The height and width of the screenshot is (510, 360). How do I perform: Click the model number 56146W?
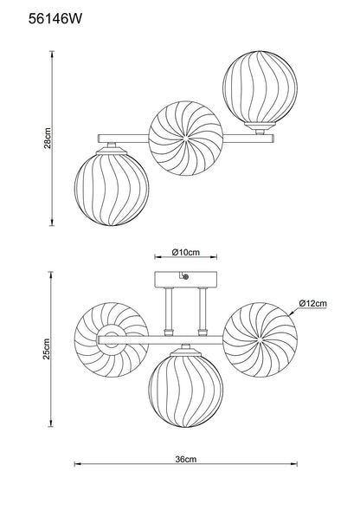[55, 19]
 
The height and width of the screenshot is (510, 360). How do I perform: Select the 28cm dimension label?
[48, 139]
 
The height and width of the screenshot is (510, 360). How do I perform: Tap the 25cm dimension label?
[47, 349]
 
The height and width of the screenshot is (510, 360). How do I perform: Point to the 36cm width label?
[186, 459]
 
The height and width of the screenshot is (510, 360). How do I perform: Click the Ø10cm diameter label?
[186, 252]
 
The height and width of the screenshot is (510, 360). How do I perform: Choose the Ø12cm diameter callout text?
[312, 303]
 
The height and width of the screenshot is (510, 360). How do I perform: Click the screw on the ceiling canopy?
[186, 277]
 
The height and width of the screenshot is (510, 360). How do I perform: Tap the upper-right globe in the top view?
[260, 87]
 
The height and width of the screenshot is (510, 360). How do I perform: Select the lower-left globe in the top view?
[112, 189]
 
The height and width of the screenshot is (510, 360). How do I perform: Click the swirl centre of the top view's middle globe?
[186, 139]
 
